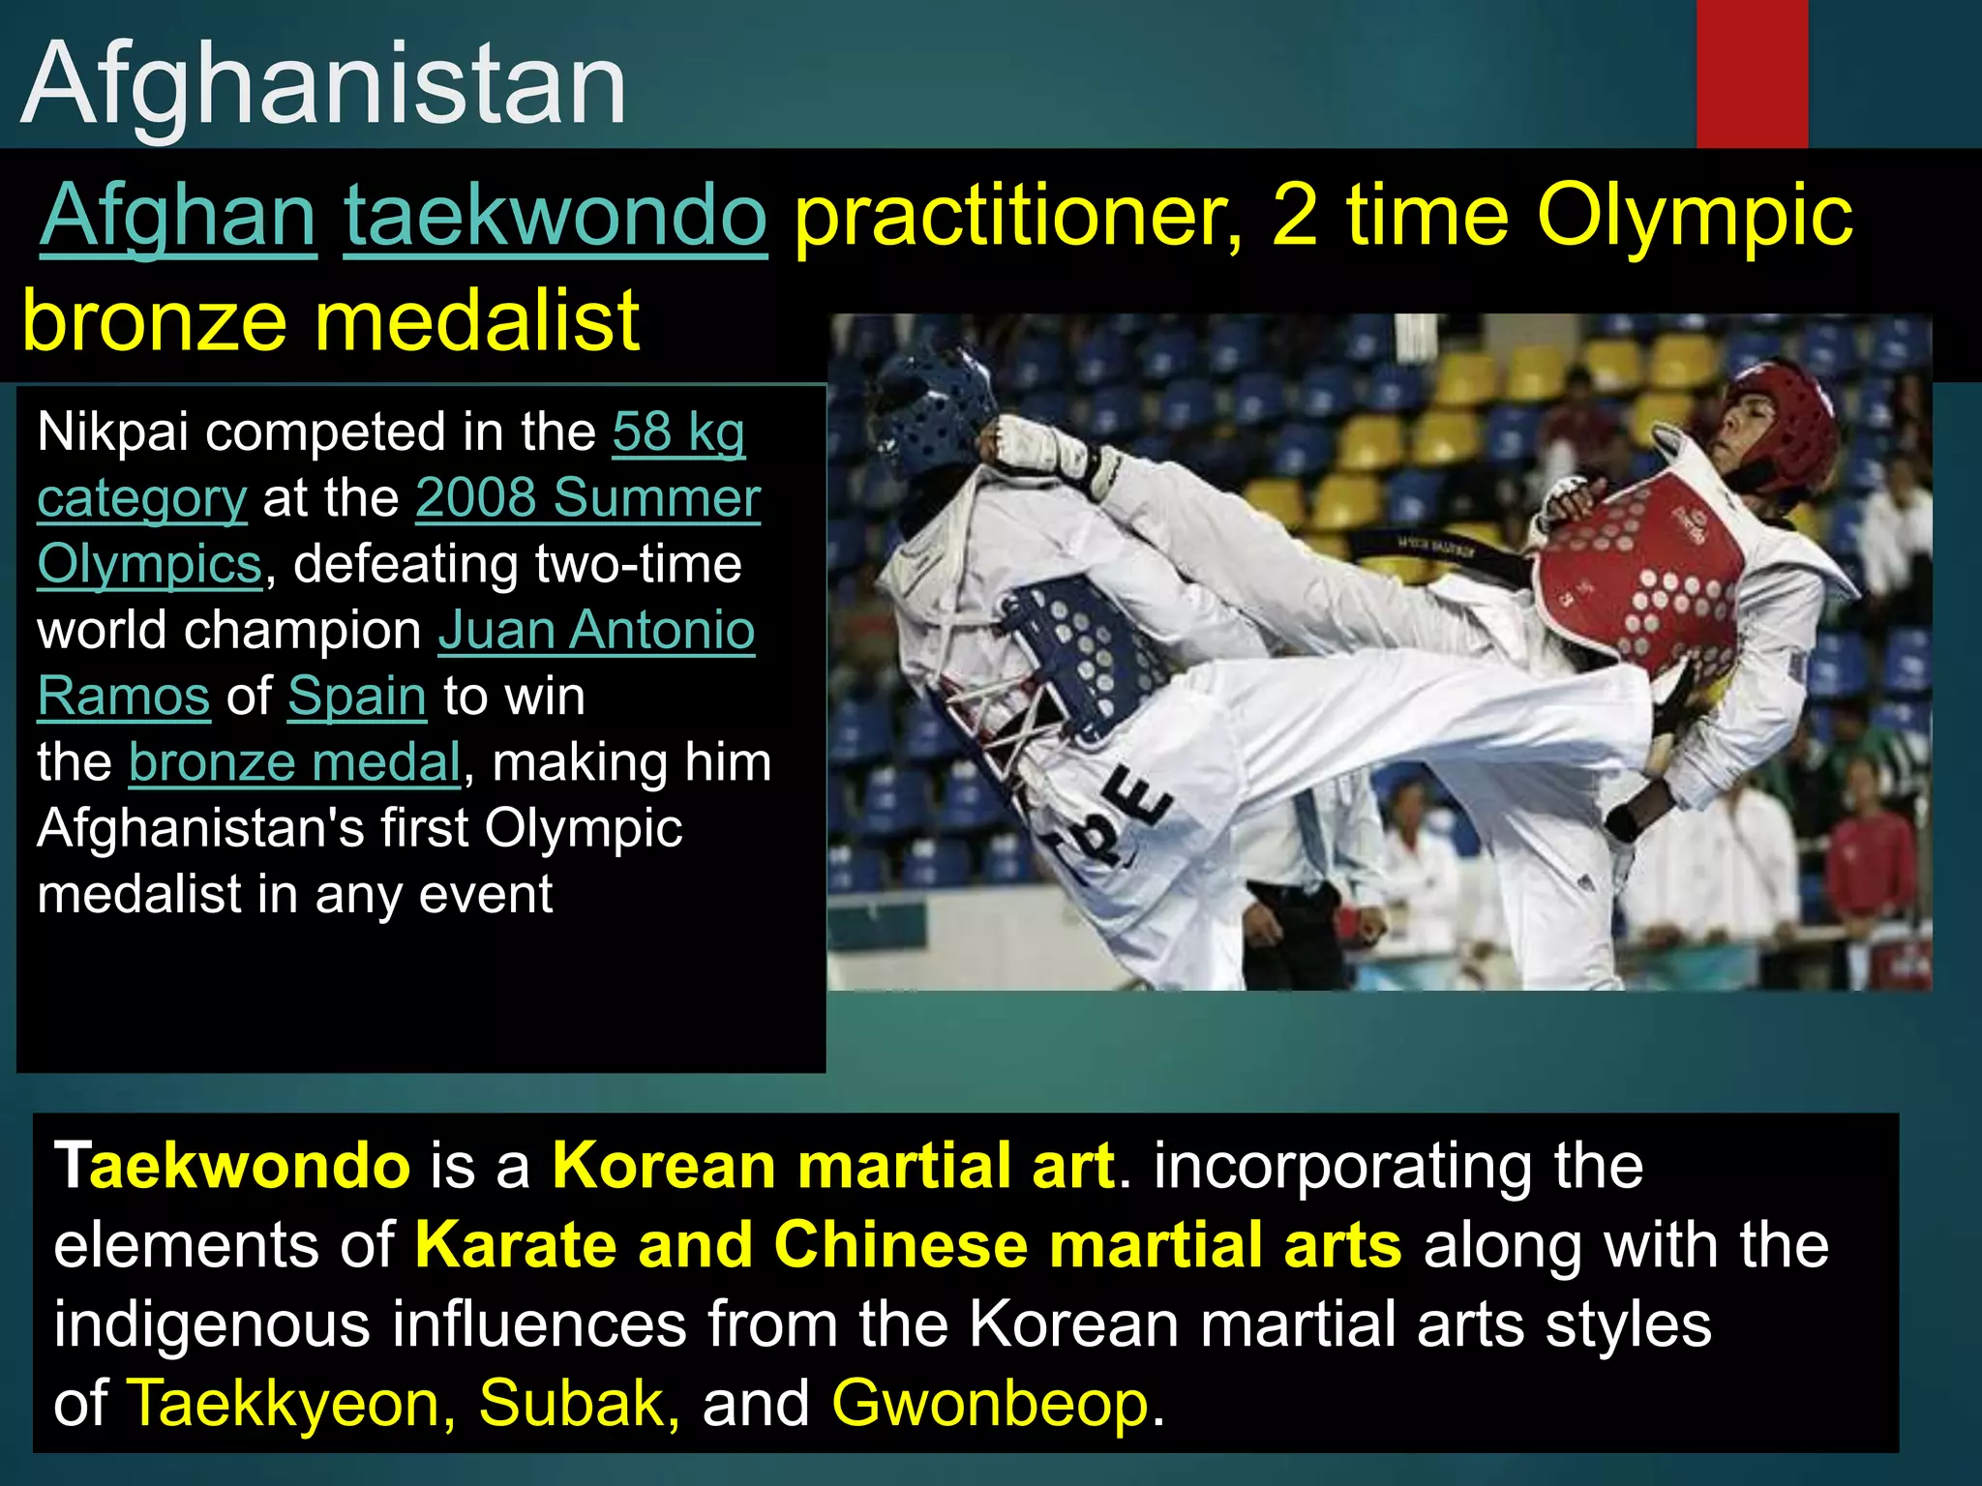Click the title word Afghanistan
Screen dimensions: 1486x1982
(x=323, y=85)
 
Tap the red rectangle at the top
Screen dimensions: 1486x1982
(x=1752, y=74)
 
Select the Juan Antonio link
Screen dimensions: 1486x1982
(x=596, y=630)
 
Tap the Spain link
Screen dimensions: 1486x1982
(x=357, y=696)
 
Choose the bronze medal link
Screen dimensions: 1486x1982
(x=294, y=762)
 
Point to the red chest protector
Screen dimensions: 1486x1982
(x=1645, y=580)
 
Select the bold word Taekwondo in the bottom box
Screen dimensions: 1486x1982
(x=232, y=1165)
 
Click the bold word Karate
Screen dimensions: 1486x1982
(x=516, y=1244)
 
